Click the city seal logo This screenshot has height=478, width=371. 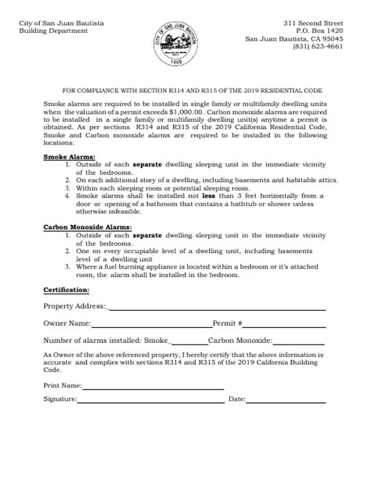coord(185,41)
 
